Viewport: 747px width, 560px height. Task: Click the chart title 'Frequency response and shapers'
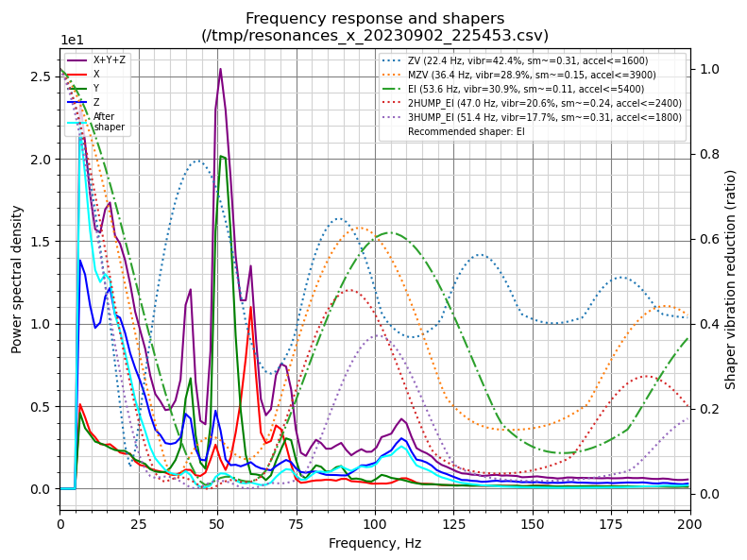375,18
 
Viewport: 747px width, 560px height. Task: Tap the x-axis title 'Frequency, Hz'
375,543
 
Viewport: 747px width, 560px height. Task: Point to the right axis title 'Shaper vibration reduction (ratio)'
730,280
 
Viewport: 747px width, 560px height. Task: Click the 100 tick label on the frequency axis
375,522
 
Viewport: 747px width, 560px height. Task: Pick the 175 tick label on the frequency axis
611,522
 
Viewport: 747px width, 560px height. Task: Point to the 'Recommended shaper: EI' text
467,132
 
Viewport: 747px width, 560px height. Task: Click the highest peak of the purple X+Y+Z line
220,69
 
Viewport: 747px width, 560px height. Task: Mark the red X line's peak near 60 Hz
250,307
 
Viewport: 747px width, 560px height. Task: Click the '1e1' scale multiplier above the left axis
72,41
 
